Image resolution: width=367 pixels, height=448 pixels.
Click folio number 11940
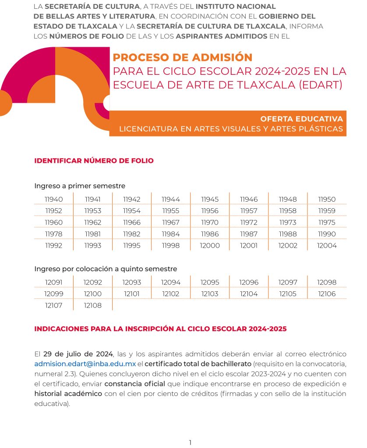(54, 199)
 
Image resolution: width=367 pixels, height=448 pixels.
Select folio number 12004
(327, 245)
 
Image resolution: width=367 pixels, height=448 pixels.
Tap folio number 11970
(210, 222)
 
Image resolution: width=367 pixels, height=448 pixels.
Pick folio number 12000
(210, 245)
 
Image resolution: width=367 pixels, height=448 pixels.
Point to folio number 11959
(327, 210)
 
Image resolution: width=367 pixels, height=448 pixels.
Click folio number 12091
(54, 283)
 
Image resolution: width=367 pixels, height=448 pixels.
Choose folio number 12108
(92, 305)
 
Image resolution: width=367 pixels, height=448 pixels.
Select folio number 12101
(132, 294)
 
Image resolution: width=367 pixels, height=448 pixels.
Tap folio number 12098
(327, 283)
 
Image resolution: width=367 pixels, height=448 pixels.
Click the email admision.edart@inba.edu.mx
(85, 364)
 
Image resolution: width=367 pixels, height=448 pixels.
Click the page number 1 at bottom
(190, 442)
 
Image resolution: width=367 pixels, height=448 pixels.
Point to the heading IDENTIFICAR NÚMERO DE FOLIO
(94, 161)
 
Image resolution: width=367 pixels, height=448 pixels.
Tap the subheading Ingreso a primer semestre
(80, 186)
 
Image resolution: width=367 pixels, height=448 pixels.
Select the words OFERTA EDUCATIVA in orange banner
(301, 119)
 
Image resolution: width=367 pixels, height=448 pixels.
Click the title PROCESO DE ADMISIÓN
(183, 57)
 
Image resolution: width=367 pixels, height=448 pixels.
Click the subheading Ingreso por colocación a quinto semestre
(106, 269)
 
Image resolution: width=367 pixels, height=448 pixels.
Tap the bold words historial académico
(68, 394)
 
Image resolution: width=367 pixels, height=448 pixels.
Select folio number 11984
(171, 234)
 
